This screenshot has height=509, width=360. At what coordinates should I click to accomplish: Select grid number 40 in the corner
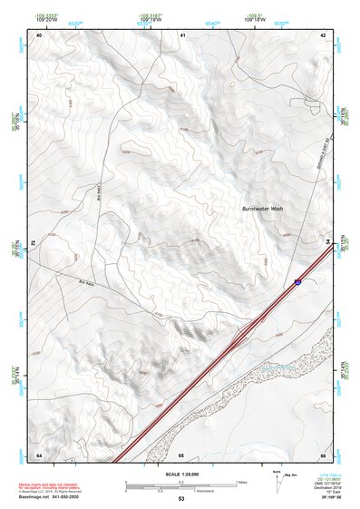coord(39,34)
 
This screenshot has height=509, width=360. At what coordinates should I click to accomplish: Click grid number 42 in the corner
coord(323,34)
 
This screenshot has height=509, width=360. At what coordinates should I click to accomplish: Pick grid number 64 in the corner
coord(39,454)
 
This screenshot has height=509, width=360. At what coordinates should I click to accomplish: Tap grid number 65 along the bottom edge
coord(181,454)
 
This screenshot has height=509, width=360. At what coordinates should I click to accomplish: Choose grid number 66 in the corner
coord(323,454)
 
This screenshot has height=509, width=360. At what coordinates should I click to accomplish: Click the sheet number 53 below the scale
coord(181,499)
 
